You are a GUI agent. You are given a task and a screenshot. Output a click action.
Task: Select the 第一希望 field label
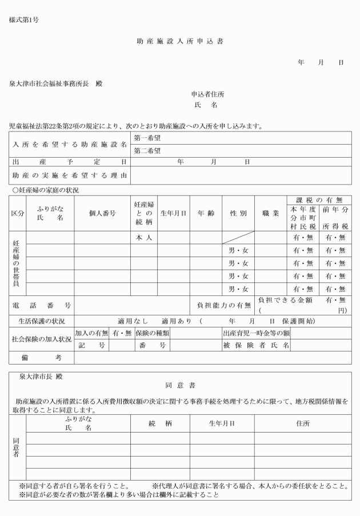(147, 138)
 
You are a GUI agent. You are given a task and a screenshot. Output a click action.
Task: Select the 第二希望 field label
(147, 151)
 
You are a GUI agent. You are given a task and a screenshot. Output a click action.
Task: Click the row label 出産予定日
(69, 162)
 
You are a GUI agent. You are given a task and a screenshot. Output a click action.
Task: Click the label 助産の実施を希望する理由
(69, 175)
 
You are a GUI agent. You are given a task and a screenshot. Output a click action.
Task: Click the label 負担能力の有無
(224, 306)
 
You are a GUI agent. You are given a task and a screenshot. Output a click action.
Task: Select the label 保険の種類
(151, 333)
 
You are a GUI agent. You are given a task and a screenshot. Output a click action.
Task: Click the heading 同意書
(179, 386)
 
